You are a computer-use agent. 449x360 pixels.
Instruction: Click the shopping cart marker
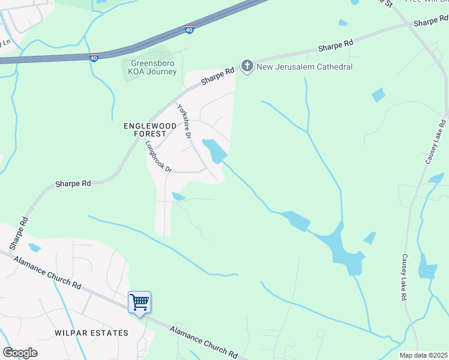[x=139, y=302]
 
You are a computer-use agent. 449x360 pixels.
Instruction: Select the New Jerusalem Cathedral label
[x=304, y=67]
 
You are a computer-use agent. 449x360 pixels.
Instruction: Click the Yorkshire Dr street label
[x=184, y=122]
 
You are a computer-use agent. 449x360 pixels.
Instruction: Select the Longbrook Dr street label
[x=159, y=157]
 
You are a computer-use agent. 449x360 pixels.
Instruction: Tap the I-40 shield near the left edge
[x=94, y=58]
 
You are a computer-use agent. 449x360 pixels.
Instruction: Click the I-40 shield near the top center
[x=190, y=29]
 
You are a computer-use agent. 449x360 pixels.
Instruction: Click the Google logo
[x=20, y=353]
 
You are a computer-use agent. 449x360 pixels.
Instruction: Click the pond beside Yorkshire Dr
[x=214, y=150]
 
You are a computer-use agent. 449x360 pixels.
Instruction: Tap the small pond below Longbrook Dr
[x=178, y=196]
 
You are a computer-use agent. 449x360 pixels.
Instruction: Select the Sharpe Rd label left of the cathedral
[x=217, y=76]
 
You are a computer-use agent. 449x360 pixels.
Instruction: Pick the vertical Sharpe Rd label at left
[x=18, y=234]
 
